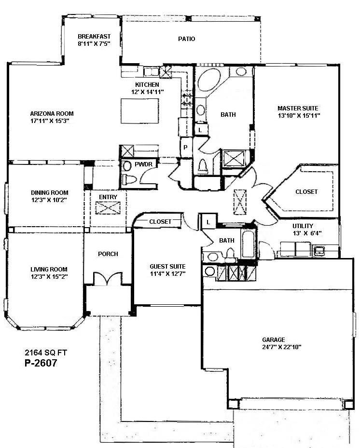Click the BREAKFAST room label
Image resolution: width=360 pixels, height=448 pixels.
pyautogui.click(x=95, y=36)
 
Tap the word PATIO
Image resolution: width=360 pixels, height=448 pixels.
pyautogui.click(x=186, y=39)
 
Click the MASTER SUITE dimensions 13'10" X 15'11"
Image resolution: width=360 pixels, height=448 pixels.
pyautogui.click(x=299, y=116)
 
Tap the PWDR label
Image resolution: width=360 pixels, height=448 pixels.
pyautogui.click(x=143, y=164)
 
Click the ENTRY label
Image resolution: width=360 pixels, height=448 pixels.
pyautogui.click(x=108, y=197)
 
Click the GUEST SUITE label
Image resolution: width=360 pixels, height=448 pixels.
pyautogui.click(x=167, y=266)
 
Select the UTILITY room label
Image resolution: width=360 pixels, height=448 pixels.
pyautogui.click(x=303, y=226)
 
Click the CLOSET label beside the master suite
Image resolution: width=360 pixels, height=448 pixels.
pyautogui.click(x=306, y=191)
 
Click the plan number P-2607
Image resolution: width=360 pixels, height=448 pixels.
pyautogui.click(x=41, y=363)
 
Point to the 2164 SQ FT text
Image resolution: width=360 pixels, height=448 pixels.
pyautogui.click(x=46, y=353)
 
